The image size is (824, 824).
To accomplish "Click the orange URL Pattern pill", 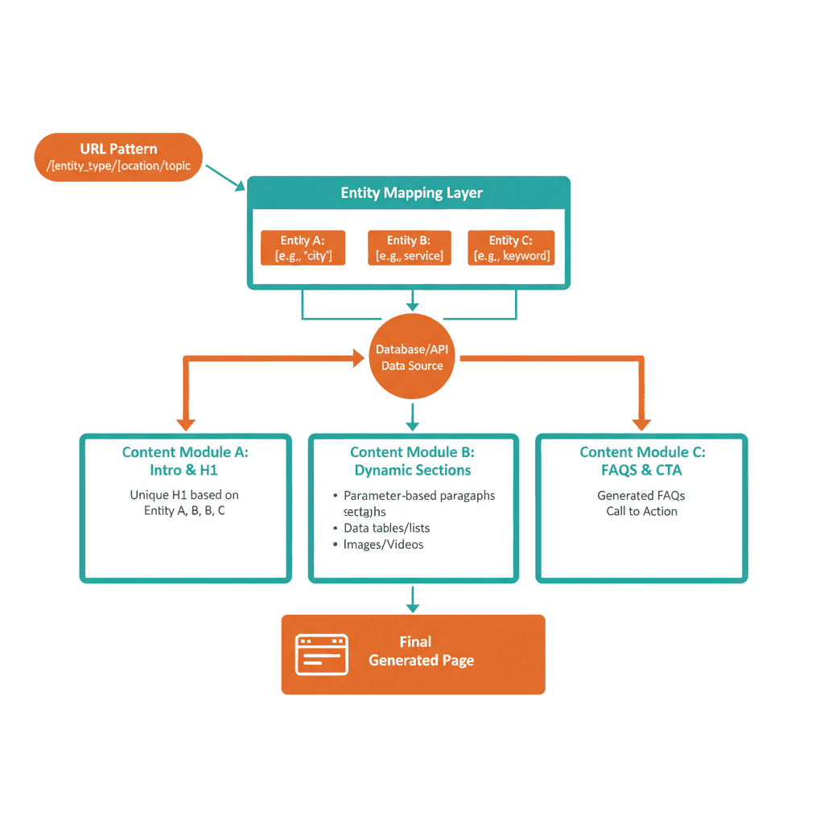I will click(118, 157).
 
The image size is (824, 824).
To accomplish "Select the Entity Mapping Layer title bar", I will click(411, 193).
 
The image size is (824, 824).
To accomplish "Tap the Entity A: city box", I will click(303, 248).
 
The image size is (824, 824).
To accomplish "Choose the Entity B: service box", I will click(409, 248).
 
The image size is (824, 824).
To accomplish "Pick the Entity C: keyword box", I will click(511, 248).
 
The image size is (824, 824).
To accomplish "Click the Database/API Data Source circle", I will click(411, 357).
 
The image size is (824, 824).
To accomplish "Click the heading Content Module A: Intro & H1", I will click(184, 461).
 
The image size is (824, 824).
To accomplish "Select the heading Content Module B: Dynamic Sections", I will click(412, 461).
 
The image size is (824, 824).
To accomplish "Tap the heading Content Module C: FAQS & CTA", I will click(641, 461).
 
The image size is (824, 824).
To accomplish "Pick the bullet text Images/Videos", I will click(383, 545).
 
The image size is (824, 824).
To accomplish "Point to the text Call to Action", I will click(641, 511).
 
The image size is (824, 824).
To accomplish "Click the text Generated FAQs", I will click(641, 496).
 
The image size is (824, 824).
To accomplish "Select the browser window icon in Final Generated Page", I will click(322, 653).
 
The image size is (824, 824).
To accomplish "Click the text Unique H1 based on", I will click(184, 495).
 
